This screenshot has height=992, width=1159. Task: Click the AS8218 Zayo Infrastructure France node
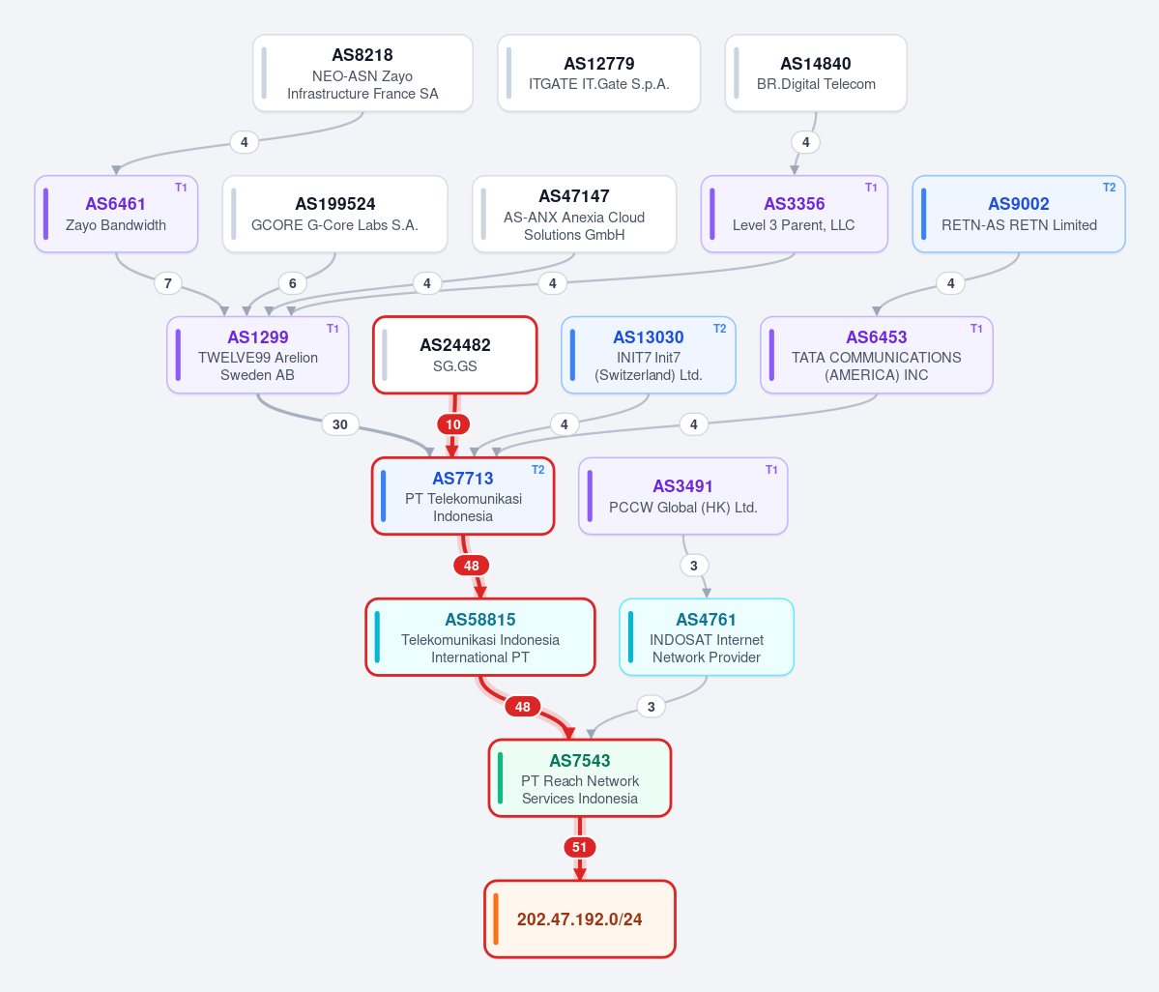362,73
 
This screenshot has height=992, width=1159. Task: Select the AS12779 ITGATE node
598,73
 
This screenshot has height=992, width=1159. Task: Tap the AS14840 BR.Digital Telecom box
816,73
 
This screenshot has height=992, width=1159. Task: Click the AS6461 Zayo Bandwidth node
116,214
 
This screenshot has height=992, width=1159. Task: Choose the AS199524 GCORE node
334,214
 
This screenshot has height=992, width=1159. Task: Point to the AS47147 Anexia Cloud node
574,214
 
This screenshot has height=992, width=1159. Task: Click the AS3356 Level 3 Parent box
794,214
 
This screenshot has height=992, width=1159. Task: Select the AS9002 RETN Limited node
1019,214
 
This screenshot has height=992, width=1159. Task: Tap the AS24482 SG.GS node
454,355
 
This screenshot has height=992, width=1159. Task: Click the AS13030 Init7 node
649,355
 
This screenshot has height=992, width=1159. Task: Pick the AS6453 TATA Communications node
877,355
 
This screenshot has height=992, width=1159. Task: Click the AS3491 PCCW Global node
683,496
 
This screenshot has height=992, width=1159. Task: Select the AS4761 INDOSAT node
707,637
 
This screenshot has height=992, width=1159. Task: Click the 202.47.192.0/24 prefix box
580,919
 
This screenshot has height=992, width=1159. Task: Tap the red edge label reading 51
580,847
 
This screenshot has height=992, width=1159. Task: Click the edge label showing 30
340,424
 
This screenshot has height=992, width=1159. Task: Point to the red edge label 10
453,424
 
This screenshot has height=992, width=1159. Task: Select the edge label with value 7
168,283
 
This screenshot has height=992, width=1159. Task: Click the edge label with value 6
293,283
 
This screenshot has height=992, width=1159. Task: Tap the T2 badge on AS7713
538,469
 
